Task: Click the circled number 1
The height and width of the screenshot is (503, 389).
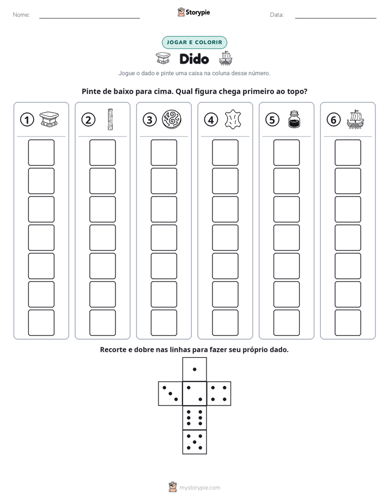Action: [x=27, y=120]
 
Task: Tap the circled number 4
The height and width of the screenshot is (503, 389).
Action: [x=211, y=120]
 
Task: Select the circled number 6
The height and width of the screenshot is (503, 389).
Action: [x=333, y=120]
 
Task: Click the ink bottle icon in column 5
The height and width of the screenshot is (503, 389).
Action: [x=294, y=119]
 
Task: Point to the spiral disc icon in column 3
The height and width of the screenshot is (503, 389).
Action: [x=172, y=119]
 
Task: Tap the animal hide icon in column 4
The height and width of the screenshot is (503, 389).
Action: [x=233, y=119]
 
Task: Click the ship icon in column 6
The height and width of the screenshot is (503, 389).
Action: [x=355, y=119]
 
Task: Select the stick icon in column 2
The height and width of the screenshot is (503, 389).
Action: [x=110, y=119]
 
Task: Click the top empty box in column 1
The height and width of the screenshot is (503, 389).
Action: [x=41, y=152]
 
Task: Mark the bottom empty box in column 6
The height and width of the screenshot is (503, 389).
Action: [x=348, y=323]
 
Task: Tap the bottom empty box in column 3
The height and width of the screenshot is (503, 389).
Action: [x=163, y=323]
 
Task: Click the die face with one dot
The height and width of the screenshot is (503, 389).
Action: [x=194, y=370]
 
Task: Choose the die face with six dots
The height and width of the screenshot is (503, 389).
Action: [x=194, y=418]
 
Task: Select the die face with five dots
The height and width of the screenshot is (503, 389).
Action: [x=194, y=442]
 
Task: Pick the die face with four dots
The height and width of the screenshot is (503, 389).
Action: [x=219, y=394]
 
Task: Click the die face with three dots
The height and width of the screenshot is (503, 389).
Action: [x=171, y=394]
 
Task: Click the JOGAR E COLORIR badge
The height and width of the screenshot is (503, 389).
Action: [x=194, y=42]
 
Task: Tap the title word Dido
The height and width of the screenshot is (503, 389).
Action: [x=194, y=59]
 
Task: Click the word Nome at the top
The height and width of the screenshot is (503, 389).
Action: [x=21, y=15]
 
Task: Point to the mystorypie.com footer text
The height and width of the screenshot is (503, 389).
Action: [x=199, y=488]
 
